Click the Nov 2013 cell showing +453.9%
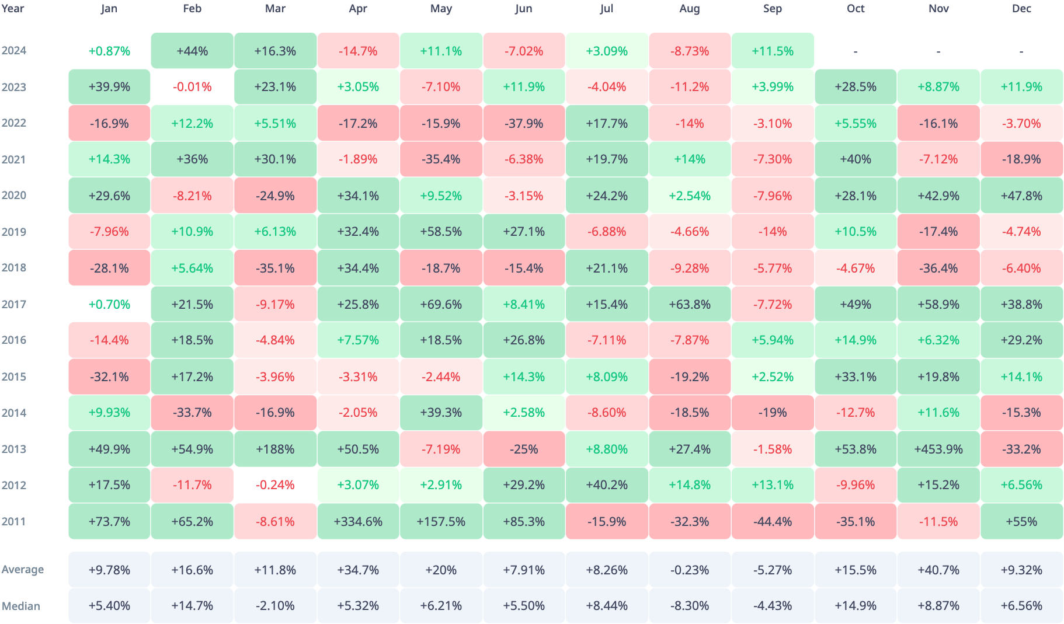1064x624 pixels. point(938,449)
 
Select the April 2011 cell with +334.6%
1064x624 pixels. point(358,521)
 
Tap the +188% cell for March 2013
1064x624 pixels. point(275,449)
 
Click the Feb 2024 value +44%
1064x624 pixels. point(192,51)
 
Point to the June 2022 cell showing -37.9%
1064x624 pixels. point(524,123)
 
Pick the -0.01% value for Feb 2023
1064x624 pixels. point(192,87)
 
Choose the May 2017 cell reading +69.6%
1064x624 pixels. point(441,304)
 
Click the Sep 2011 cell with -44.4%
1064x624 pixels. point(773,521)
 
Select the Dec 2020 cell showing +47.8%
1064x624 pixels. point(1021,196)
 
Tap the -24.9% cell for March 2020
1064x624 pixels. point(275,196)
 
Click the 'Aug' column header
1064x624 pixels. point(690,9)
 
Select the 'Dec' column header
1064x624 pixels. point(1021,9)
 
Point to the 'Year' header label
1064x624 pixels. point(13,9)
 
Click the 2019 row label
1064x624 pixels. point(14,232)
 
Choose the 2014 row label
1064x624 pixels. point(14,413)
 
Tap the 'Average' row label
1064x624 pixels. point(23,570)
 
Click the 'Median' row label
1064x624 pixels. point(21,606)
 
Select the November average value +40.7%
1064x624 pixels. point(938,570)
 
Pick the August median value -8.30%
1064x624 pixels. point(690,606)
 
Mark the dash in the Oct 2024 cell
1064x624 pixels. point(856,51)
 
